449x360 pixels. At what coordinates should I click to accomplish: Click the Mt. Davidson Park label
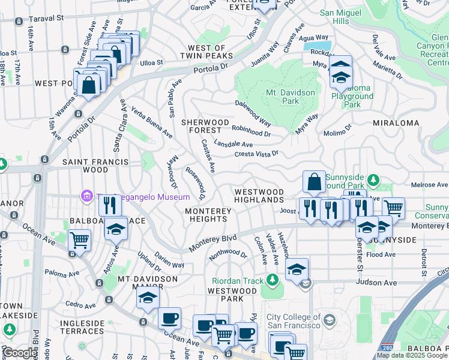[x=291, y=97]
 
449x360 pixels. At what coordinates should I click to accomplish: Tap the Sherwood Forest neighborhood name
[x=205, y=126]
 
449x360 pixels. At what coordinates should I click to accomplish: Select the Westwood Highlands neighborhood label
[x=259, y=194]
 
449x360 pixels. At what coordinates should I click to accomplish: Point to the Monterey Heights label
[x=208, y=215]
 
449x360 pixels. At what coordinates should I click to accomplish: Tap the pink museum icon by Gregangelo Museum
[x=87, y=196]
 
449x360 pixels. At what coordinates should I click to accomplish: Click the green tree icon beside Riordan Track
[x=273, y=280]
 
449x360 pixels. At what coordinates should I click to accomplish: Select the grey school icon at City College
[x=328, y=320]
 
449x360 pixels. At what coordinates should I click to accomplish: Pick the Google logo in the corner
[x=20, y=353]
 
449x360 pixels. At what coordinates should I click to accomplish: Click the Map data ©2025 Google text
[x=412, y=356]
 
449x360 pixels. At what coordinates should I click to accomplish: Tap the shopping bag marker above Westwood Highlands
[x=315, y=181]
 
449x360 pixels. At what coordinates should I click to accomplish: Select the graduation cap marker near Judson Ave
[x=297, y=269]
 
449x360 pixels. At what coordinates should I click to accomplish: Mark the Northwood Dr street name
[x=228, y=255]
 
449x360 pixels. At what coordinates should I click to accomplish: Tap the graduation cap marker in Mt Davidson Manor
[x=148, y=298]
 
